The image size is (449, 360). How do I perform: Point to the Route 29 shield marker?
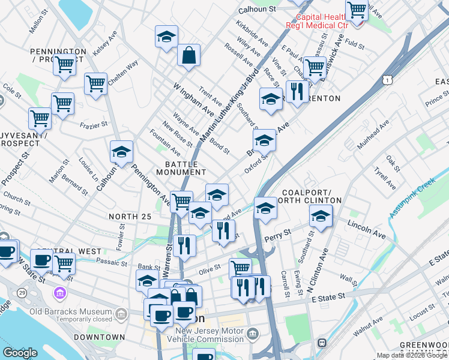coord(22,292)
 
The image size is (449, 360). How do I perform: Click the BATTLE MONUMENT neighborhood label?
coord(181,167)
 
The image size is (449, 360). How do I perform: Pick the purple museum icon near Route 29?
coord(59,293)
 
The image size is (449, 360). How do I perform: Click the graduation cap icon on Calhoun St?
coord(121,152)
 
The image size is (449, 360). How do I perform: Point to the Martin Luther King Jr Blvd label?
coord(229,108)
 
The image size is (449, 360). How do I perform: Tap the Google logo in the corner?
coord(19,353)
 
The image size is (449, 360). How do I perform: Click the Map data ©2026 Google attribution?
coord(412,355)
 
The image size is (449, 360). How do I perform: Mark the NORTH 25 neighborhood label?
coord(128,215)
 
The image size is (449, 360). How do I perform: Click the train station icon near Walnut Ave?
coord(322,342)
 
